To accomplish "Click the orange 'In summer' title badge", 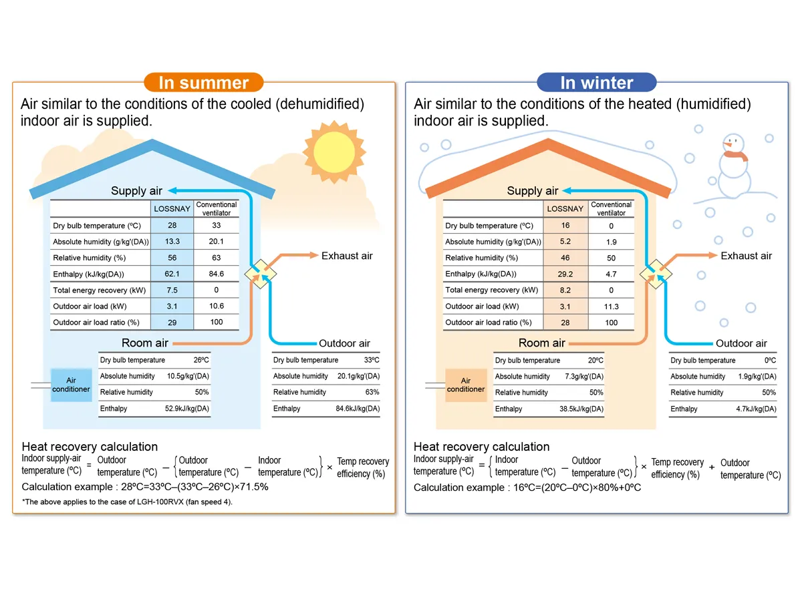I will [203, 83].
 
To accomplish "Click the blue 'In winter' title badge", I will [596, 83].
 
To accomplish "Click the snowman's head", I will [732, 144].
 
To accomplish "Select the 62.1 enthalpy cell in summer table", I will [172, 274].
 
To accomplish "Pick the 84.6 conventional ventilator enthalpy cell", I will [216, 274].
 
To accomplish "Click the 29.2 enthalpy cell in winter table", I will [565, 274].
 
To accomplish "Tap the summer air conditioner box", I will [71, 385].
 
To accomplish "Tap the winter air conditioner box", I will [465, 385].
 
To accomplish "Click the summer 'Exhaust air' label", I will [347, 256].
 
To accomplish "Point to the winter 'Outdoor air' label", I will [741, 343].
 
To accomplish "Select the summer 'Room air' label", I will [144, 343].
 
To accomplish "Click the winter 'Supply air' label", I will [532, 191].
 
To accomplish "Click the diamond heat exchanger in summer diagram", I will [259, 274].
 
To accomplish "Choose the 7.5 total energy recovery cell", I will [172, 290].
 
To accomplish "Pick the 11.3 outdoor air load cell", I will [611, 307].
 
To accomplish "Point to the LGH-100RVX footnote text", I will [127, 502].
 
